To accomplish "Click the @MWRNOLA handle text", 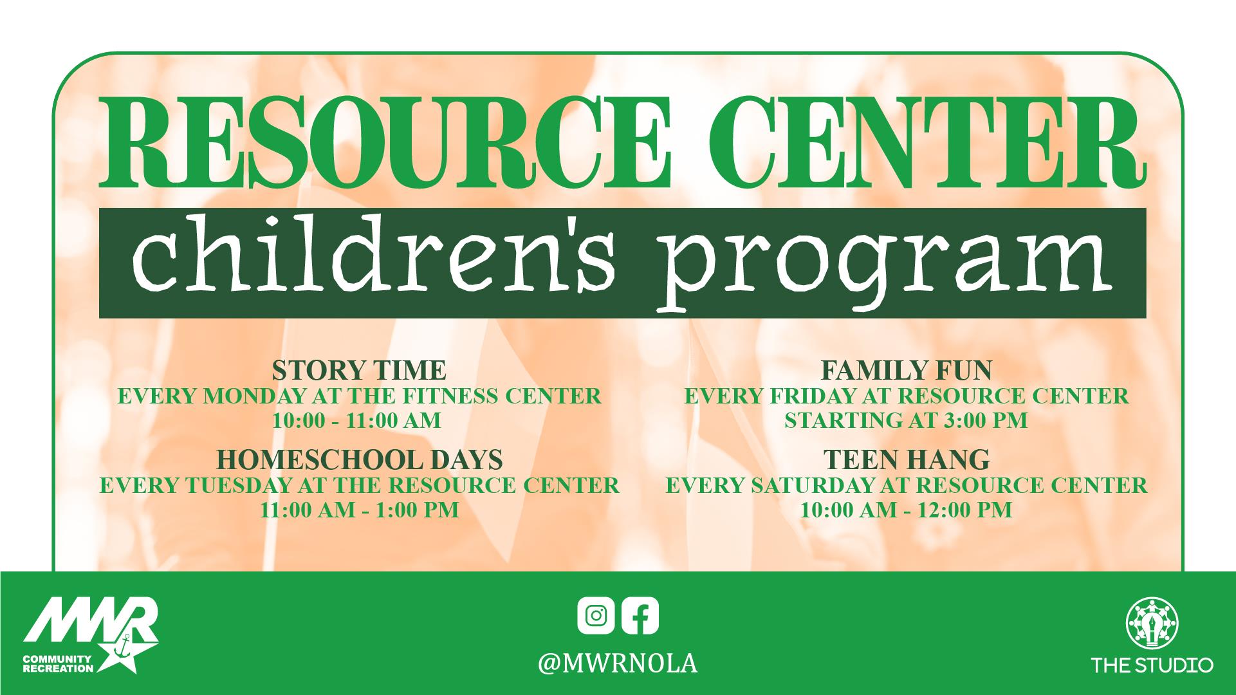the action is [x=618, y=663].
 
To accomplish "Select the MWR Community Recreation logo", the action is [x=91, y=635].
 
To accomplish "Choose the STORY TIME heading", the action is [x=359, y=371].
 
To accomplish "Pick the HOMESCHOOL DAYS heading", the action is [x=359, y=460].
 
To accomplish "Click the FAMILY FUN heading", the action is [x=907, y=371].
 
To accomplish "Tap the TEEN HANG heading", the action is [x=907, y=460].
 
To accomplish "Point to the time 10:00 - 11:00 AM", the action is [x=356, y=421].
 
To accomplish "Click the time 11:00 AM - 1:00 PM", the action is [x=359, y=510].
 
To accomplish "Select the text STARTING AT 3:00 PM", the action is [x=906, y=421].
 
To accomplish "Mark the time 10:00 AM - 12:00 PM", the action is [x=906, y=510].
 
